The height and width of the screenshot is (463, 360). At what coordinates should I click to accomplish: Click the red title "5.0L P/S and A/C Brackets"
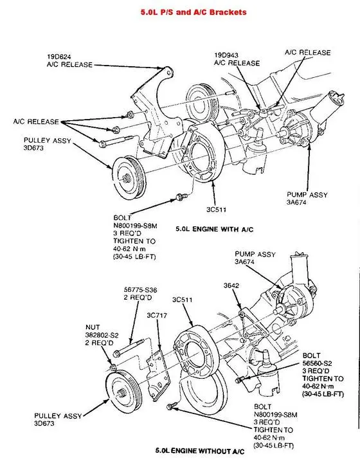(x=194, y=12)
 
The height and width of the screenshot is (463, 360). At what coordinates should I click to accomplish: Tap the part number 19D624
(x=59, y=57)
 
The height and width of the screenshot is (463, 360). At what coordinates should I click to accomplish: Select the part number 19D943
(x=226, y=55)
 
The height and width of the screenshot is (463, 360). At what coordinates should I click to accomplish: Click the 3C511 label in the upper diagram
(x=216, y=210)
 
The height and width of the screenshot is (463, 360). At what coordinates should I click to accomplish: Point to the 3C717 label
(x=157, y=315)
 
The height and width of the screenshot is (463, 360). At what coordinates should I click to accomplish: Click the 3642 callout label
(x=231, y=286)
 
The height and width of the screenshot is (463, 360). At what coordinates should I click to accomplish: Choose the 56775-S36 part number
(x=140, y=289)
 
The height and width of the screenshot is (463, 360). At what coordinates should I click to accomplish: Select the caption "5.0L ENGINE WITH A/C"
(x=215, y=229)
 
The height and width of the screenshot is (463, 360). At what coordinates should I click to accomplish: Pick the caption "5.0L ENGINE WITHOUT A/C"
(x=200, y=451)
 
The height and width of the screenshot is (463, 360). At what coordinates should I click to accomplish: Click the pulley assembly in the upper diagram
(x=129, y=179)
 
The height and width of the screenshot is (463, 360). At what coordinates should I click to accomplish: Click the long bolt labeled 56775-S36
(x=129, y=347)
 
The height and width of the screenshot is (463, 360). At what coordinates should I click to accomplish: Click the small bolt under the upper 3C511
(x=181, y=196)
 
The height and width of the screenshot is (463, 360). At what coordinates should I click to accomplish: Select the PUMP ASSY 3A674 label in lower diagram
(x=255, y=257)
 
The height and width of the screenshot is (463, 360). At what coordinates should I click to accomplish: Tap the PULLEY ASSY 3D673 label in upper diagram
(x=47, y=144)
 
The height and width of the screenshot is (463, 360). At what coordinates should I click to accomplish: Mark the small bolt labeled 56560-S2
(x=240, y=379)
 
